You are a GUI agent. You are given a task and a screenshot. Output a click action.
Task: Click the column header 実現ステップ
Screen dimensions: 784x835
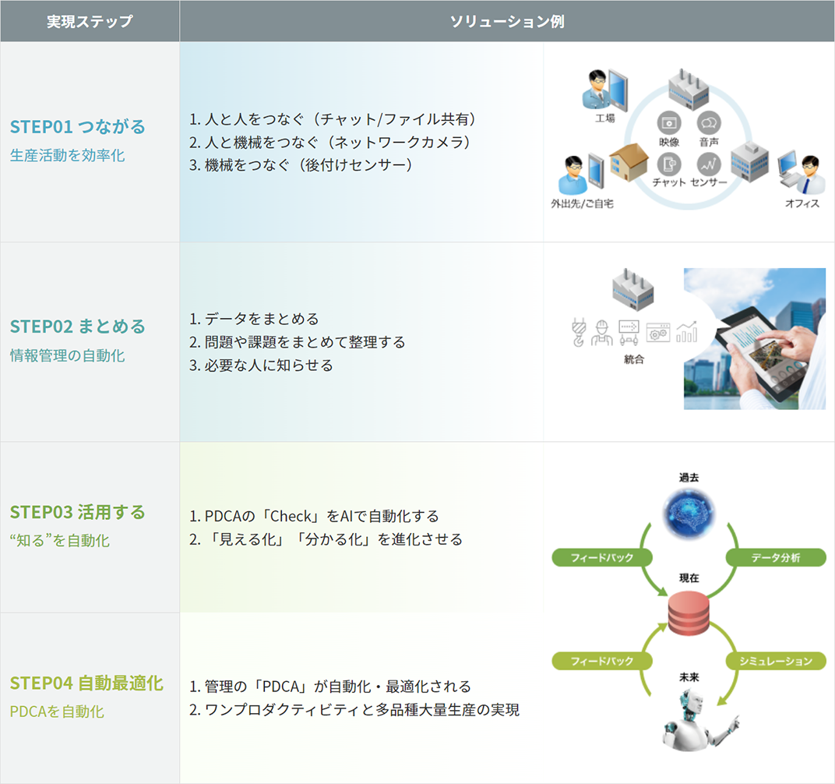(90, 21)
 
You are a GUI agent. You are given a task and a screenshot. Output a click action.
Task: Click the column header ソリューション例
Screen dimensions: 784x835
(507, 21)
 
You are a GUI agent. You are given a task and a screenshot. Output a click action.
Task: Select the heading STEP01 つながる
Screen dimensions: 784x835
(78, 126)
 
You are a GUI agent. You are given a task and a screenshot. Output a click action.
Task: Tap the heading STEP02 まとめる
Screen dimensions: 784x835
(78, 326)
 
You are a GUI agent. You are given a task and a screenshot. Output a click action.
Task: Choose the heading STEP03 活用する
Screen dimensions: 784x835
(78, 512)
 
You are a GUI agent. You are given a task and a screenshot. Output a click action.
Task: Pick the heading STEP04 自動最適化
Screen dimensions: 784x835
(86, 683)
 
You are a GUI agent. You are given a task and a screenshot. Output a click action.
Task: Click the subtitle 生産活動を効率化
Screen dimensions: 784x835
(67, 156)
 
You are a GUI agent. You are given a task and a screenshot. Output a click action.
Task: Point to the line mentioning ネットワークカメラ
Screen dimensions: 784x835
(329, 142)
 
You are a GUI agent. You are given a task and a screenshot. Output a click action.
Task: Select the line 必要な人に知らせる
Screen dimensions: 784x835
(261, 365)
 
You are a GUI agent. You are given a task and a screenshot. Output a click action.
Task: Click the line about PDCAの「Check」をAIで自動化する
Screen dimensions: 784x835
(314, 516)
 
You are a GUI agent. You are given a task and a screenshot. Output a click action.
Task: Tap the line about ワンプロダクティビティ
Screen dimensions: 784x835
(354, 709)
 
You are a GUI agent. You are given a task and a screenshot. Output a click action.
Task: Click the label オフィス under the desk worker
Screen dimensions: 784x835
(802, 204)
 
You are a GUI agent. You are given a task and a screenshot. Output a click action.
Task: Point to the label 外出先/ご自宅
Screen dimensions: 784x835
(582, 204)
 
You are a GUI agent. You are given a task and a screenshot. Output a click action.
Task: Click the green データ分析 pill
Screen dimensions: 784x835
(775, 557)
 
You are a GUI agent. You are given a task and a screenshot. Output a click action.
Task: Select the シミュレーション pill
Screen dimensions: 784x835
(775, 661)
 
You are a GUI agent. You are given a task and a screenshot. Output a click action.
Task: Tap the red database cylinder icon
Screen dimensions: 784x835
(689, 613)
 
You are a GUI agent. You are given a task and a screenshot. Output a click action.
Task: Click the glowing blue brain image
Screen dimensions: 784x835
(689, 511)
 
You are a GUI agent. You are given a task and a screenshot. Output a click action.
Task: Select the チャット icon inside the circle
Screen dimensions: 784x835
(669, 164)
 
